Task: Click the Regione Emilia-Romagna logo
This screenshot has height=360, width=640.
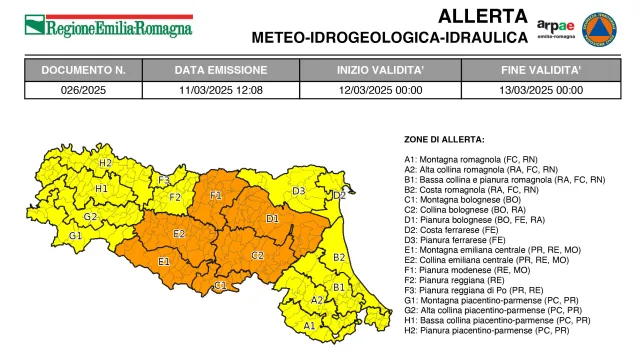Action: coord(108,26)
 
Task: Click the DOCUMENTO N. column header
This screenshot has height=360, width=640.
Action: coord(83,70)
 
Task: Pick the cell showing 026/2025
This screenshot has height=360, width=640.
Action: coord(83,90)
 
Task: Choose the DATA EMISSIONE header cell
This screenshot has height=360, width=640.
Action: coord(221,70)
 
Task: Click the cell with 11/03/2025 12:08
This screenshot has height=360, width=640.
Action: coord(221,90)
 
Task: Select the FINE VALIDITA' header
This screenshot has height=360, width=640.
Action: coord(542,70)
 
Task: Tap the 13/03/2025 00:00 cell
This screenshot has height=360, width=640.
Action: coord(542,90)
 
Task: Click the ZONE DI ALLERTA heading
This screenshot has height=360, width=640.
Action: coord(445,139)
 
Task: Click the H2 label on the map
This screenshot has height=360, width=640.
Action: coord(105,162)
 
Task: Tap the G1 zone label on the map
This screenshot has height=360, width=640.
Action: coord(75,236)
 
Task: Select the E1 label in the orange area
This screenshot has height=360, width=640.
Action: coord(164,262)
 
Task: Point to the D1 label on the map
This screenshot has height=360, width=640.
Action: coord(272,218)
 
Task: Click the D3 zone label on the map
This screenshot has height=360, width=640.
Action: coord(298,190)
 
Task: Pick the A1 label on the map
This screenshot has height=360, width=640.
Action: coord(310,325)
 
